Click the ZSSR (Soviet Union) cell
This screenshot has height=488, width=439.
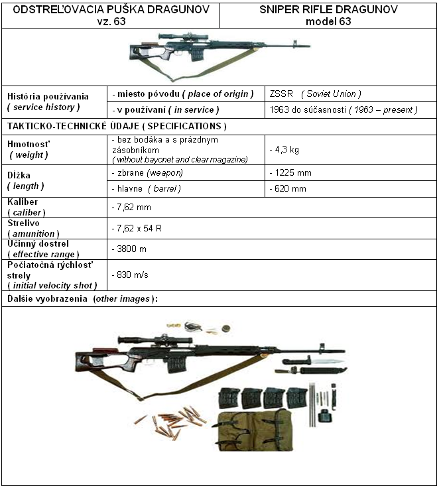(x=314, y=94)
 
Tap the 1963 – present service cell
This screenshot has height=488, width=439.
(x=343, y=110)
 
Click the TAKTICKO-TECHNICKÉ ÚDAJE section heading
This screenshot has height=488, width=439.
(x=116, y=126)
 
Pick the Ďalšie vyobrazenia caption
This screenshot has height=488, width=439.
(x=83, y=299)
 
